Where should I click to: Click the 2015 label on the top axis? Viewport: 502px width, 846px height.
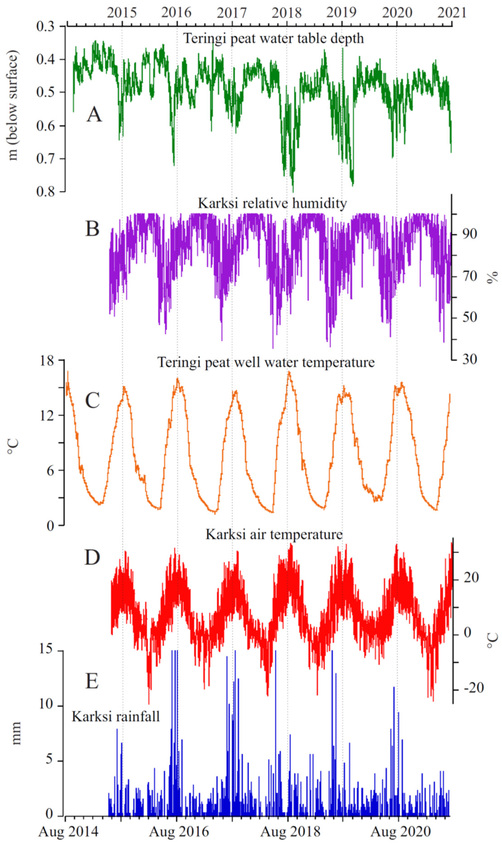(122, 13)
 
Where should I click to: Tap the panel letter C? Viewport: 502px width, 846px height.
(92, 400)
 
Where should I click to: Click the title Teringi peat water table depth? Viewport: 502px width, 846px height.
(273, 38)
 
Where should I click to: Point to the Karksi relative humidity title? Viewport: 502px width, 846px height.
(272, 203)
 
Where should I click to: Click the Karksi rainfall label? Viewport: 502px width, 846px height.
(116, 716)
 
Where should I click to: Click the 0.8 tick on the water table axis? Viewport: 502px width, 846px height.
(46, 192)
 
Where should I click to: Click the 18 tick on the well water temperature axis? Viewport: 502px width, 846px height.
(47, 361)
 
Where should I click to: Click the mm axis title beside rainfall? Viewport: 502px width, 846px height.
(16, 733)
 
